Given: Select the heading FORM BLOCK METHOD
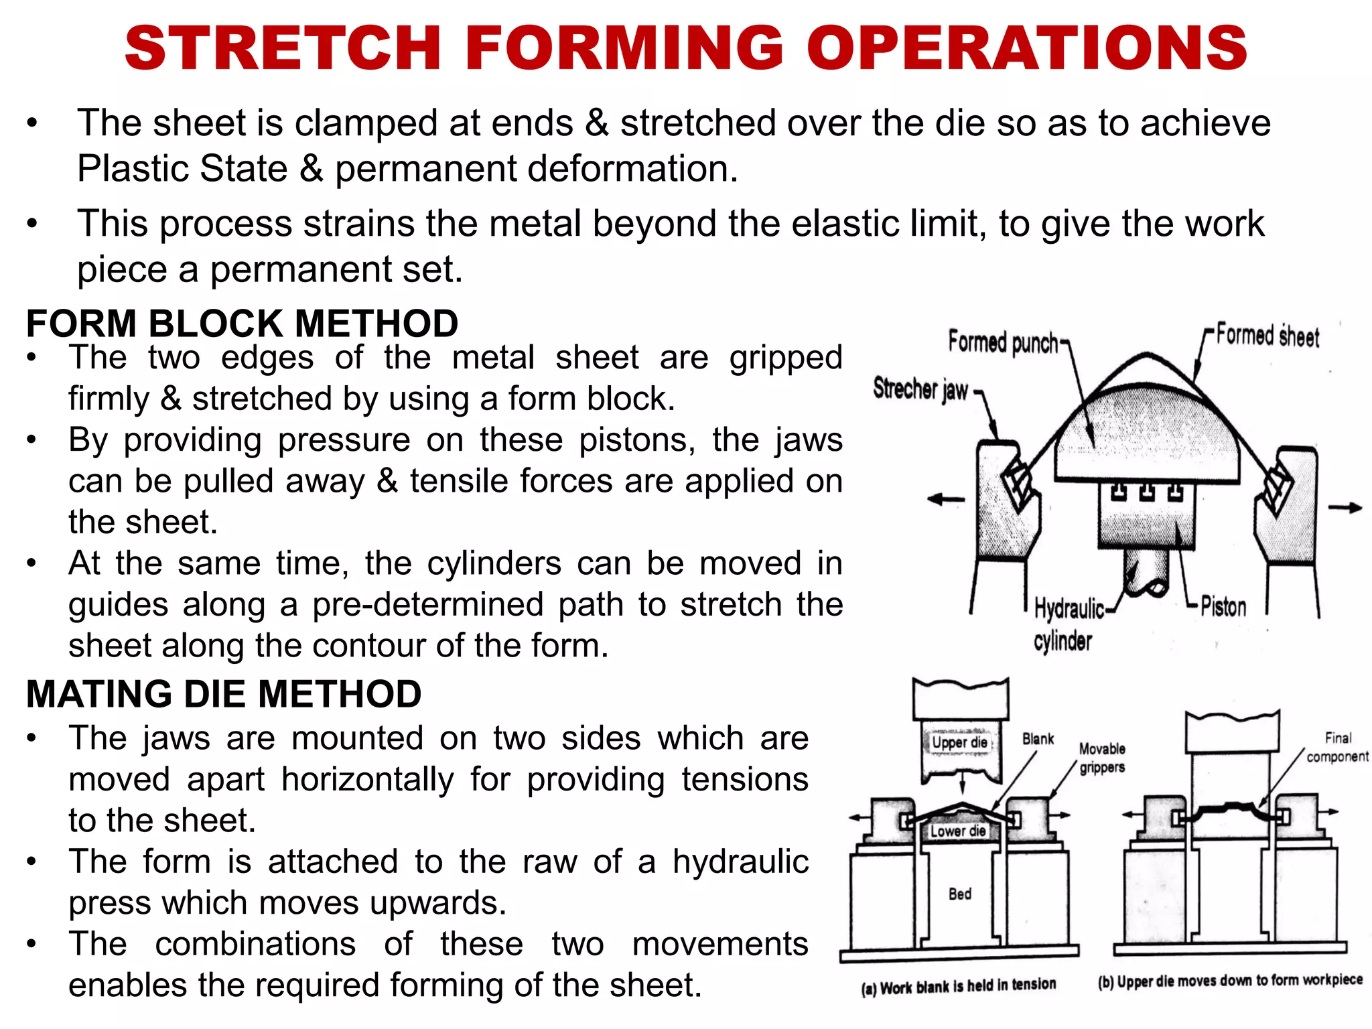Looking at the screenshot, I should pyautogui.click(x=242, y=324).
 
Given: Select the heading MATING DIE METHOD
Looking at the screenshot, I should pyautogui.click(x=224, y=693).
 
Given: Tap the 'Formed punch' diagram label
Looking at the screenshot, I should pyautogui.click(x=1003, y=342).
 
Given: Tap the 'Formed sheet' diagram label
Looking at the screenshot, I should pyautogui.click(x=1267, y=335).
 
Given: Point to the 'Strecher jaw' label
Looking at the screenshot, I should pyautogui.click(x=920, y=389).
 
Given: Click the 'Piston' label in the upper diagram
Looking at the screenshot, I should pyautogui.click(x=1223, y=607).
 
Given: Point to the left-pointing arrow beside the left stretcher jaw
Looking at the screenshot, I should pyautogui.click(x=945, y=499).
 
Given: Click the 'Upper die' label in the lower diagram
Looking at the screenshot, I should pyautogui.click(x=959, y=742).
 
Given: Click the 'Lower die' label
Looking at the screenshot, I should pyautogui.click(x=958, y=831).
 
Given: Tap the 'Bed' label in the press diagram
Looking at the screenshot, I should pyautogui.click(x=959, y=894).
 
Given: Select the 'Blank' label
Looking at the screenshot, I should pyautogui.click(x=1038, y=739).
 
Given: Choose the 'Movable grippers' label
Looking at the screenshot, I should pyautogui.click(x=1102, y=758).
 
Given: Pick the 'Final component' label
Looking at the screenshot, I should pyautogui.click(x=1337, y=747).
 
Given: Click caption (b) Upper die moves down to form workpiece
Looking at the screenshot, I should pyautogui.click(x=1230, y=981).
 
